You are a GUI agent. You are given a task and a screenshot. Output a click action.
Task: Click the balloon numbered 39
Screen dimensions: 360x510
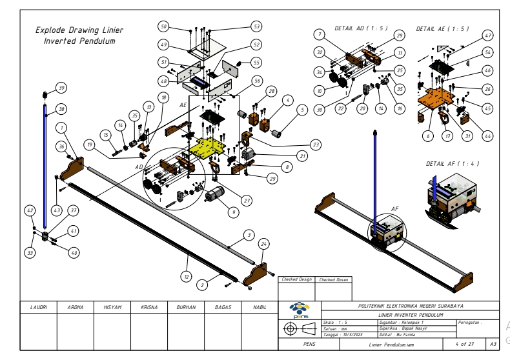point(61,87)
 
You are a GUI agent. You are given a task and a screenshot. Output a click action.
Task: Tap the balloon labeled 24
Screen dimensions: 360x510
point(263,244)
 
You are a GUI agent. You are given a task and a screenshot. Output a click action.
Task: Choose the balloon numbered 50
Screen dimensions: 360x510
point(164,26)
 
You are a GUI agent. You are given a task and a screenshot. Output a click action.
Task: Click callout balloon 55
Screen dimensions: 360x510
point(256,63)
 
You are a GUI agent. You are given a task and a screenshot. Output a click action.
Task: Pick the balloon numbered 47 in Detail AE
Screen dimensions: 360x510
point(488,36)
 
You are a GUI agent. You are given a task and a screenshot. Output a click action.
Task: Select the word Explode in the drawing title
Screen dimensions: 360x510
point(52,30)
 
